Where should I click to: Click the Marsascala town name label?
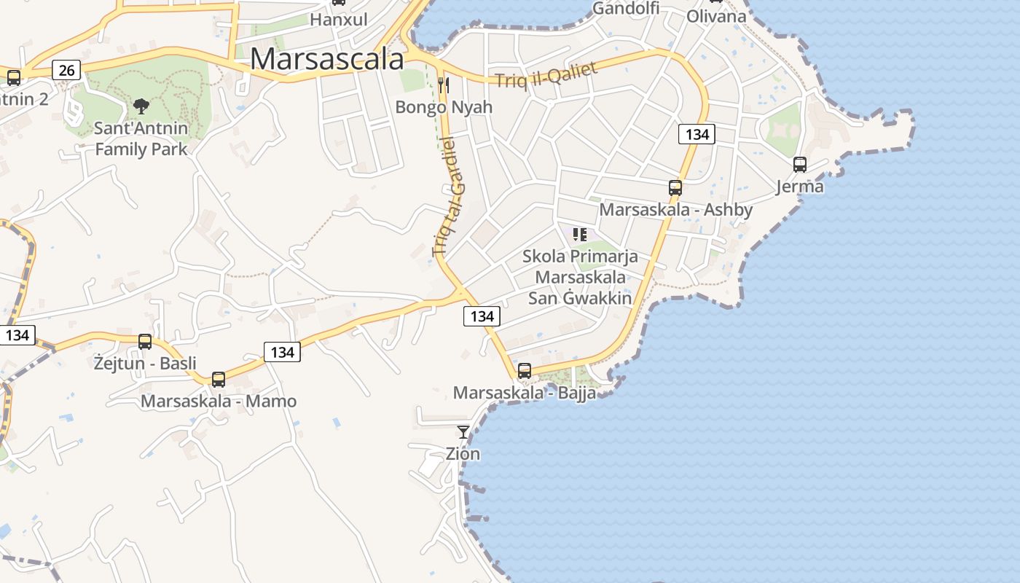(326, 59)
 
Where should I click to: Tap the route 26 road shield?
(66, 70)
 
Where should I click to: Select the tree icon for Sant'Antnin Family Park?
(141, 106)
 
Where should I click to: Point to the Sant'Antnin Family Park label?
(141, 138)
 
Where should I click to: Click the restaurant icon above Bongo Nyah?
(443, 85)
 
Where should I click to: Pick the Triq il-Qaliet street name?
(546, 75)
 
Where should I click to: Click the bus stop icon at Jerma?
(800, 165)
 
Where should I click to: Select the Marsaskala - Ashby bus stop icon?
(675, 188)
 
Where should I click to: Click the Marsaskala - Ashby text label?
(675, 210)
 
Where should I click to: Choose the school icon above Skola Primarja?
(580, 235)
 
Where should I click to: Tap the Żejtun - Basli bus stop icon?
(145, 341)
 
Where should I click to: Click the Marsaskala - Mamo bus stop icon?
(219, 379)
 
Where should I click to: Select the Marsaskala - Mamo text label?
(219, 401)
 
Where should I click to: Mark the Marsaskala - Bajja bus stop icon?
(525, 370)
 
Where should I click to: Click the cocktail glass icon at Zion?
(463, 432)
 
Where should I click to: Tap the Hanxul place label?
(338, 20)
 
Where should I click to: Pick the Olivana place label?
(716, 16)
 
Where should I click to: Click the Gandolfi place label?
(625, 8)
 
